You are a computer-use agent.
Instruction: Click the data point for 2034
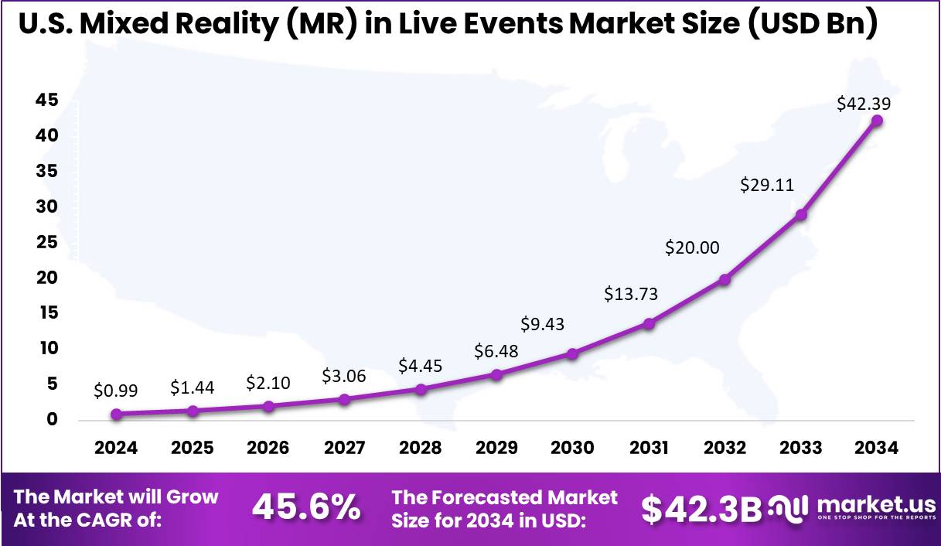point(877,121)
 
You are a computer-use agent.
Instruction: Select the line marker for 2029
point(496,375)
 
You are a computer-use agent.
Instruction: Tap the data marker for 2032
point(725,280)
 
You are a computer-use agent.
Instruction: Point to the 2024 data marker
point(116,415)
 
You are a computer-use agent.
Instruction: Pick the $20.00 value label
point(692,247)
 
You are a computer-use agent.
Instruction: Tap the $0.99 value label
point(115,391)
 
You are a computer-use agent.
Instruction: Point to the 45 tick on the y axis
point(48,101)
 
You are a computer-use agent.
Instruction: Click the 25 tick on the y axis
point(48,242)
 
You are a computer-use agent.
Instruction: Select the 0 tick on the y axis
point(52,419)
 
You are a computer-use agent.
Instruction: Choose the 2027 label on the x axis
point(344,449)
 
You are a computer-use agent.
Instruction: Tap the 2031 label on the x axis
point(649,449)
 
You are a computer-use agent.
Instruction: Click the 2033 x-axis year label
point(801,449)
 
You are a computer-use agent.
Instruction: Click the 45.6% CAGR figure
point(306,507)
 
